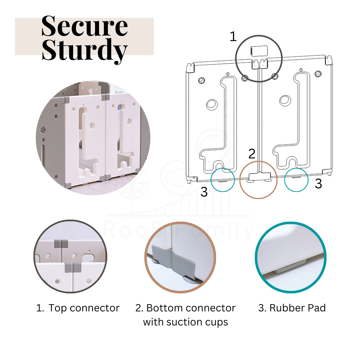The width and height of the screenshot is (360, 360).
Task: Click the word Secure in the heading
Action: [85, 26]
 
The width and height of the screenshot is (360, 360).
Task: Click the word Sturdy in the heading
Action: [85, 51]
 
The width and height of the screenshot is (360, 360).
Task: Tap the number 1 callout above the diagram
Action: [233, 36]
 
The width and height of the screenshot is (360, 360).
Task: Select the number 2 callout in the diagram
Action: [252, 154]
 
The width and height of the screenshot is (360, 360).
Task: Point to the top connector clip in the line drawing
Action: [259, 51]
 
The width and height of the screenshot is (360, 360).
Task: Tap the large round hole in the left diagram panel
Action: [212, 105]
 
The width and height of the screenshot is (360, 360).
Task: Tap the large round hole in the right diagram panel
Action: [285, 100]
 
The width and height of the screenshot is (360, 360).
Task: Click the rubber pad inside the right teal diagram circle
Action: [296, 177]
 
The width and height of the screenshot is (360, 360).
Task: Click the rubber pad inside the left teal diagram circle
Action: [222, 181]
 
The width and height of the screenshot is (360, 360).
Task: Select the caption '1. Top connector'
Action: [78, 308]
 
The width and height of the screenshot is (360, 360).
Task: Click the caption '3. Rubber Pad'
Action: [292, 308]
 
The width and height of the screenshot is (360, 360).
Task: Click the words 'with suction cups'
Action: [185, 322]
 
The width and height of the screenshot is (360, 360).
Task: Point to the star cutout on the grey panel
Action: [43, 130]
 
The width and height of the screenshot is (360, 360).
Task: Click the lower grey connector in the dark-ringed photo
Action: [73, 267]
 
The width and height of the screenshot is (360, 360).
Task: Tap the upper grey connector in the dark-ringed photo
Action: [61, 244]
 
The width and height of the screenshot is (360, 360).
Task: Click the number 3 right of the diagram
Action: [319, 184]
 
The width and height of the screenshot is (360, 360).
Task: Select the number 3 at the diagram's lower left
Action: [204, 192]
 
